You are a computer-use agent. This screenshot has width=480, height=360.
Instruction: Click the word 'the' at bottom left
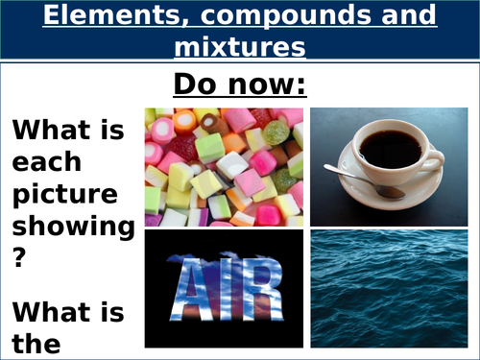(x=36, y=341)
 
